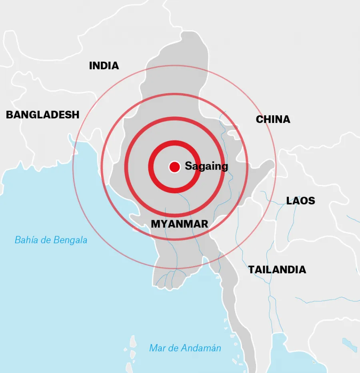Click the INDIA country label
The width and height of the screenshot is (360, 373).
coord(104,66)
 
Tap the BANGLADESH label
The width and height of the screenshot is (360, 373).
coord(42,115)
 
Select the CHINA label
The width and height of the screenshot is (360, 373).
coord(273,119)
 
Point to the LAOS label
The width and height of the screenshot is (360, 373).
coord(300,201)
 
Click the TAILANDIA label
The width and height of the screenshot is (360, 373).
coord(277,270)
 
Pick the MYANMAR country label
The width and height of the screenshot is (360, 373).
coord(179,224)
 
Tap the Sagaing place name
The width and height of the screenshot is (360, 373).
coord(206,166)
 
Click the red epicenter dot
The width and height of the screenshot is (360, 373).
coord(174,167)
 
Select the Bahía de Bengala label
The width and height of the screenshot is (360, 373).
coord(51,240)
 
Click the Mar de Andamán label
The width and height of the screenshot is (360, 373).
coord(185,348)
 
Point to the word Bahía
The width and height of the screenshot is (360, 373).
coord(25,240)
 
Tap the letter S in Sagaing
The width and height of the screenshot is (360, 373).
coord(188,166)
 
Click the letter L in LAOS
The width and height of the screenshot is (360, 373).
coord(289,201)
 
